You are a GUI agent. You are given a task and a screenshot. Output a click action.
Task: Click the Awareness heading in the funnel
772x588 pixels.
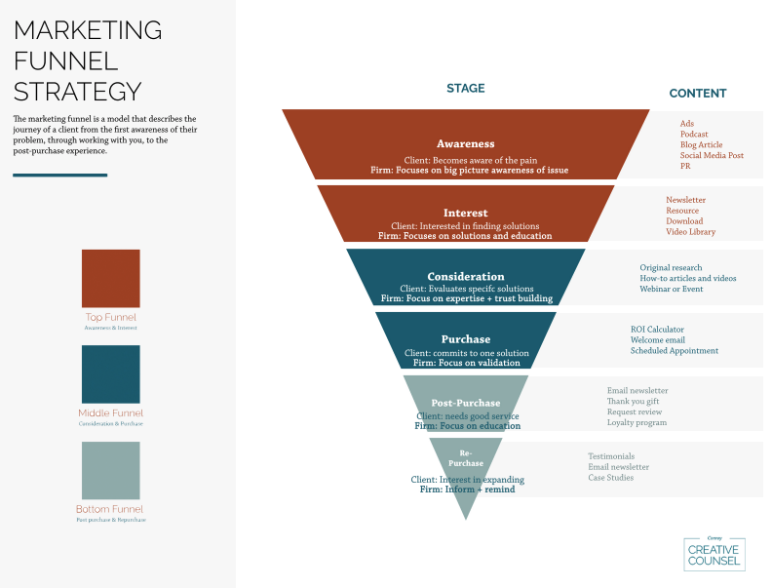point(465,143)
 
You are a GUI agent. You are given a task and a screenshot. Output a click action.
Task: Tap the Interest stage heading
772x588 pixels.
point(465,213)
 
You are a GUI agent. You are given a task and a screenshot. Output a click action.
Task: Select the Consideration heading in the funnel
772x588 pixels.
point(466,276)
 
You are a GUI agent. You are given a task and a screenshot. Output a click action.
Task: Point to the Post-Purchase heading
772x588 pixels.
point(466,403)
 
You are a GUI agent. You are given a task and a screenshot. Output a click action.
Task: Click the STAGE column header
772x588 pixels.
point(465,89)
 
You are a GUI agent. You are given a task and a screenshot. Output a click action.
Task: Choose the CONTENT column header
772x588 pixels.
point(697,94)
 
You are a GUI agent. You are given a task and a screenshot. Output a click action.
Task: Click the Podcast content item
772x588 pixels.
point(694,135)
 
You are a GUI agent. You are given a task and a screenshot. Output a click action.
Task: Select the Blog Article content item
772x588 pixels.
point(702,145)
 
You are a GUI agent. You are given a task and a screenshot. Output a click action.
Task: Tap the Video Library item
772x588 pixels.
point(690,232)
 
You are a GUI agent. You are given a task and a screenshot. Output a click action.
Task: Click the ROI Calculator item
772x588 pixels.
point(657,330)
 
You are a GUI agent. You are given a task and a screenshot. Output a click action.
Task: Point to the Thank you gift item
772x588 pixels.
point(635,402)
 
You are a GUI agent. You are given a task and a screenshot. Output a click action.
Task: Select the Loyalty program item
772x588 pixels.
point(637,423)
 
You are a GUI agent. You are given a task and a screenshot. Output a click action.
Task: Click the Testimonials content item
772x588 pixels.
point(611,456)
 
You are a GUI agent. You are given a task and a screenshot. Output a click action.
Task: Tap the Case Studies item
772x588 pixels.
point(610,478)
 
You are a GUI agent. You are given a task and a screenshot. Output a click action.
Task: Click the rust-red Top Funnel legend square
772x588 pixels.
point(110,279)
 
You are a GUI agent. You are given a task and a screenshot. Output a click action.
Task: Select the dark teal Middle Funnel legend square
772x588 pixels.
point(110,374)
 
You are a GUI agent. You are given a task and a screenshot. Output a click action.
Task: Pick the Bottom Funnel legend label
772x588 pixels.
point(109,509)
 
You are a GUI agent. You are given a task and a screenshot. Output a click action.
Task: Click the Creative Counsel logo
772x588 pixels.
point(714,553)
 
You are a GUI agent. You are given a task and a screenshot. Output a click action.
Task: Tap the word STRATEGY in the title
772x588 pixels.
point(77,92)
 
